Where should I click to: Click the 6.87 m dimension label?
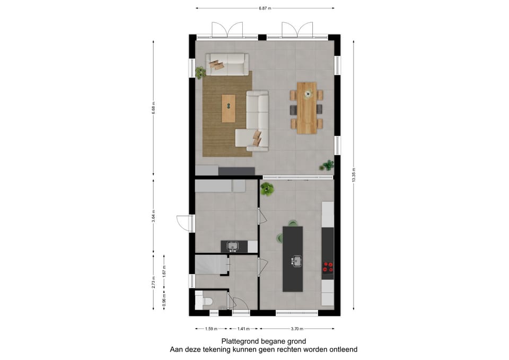[265, 8]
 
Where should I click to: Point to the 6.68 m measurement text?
[153, 108]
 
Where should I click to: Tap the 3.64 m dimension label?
[153, 218]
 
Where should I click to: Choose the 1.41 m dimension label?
[241, 329]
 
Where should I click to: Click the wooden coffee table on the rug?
[229, 108]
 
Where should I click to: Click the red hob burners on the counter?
[328, 267]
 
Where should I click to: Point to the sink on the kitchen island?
[296, 260]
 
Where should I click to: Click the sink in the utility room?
[233, 246]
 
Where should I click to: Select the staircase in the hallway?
[210, 264]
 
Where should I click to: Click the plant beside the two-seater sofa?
[200, 72]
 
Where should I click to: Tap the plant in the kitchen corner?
[267, 188]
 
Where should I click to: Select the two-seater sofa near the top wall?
[227, 64]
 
